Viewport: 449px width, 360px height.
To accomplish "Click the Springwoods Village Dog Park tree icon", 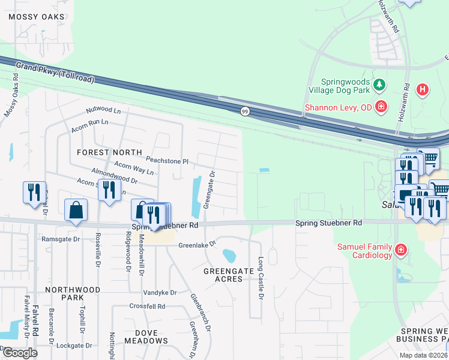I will [x=379, y=85].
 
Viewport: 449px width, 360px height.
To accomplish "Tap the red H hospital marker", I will [x=423, y=91].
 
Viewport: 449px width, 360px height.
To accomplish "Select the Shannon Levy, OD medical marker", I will [x=380, y=107].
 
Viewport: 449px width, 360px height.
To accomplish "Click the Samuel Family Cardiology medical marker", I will [x=401, y=250].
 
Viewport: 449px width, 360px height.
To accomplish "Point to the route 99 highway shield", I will [x=245, y=112].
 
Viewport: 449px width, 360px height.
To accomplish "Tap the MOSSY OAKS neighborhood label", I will [x=37, y=17].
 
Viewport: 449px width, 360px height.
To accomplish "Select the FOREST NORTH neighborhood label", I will [x=109, y=152].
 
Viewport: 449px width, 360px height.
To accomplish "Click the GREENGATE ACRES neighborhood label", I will [x=228, y=275].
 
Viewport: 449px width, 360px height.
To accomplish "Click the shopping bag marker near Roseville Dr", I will [x=76, y=211].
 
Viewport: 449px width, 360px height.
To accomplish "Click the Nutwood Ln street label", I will [x=103, y=110].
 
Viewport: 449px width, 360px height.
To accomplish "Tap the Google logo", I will [x=20, y=353].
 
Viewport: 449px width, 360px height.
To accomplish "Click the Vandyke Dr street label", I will [x=160, y=293].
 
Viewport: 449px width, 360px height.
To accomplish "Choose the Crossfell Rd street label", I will [x=147, y=306].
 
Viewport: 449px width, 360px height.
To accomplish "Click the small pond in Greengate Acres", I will [x=229, y=256].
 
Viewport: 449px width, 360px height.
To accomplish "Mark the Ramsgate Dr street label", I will [x=61, y=239].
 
